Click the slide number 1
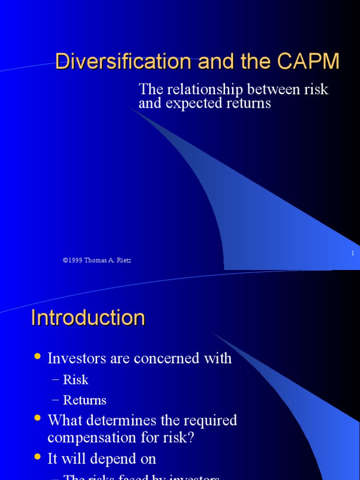[352, 253]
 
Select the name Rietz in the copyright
[123, 260]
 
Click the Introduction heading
[88, 318]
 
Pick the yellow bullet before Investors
[38, 357]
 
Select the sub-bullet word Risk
[75, 380]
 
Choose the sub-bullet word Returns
[85, 400]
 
